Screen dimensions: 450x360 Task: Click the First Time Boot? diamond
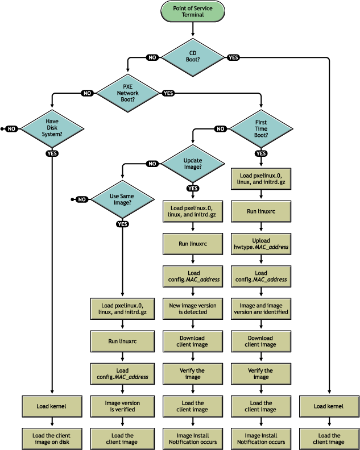261,128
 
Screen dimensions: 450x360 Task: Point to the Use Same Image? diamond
122,199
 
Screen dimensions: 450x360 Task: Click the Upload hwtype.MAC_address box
261,243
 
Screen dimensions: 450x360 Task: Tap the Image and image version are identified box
261,309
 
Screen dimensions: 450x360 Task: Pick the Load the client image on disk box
52,438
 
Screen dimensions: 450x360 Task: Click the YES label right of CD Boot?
233,57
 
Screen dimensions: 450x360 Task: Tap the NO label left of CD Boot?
152,57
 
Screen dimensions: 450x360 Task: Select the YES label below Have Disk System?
52,153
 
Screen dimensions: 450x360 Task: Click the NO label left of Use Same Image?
82,199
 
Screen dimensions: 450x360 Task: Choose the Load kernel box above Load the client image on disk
52,406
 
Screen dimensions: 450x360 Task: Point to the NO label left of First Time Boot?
221,128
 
